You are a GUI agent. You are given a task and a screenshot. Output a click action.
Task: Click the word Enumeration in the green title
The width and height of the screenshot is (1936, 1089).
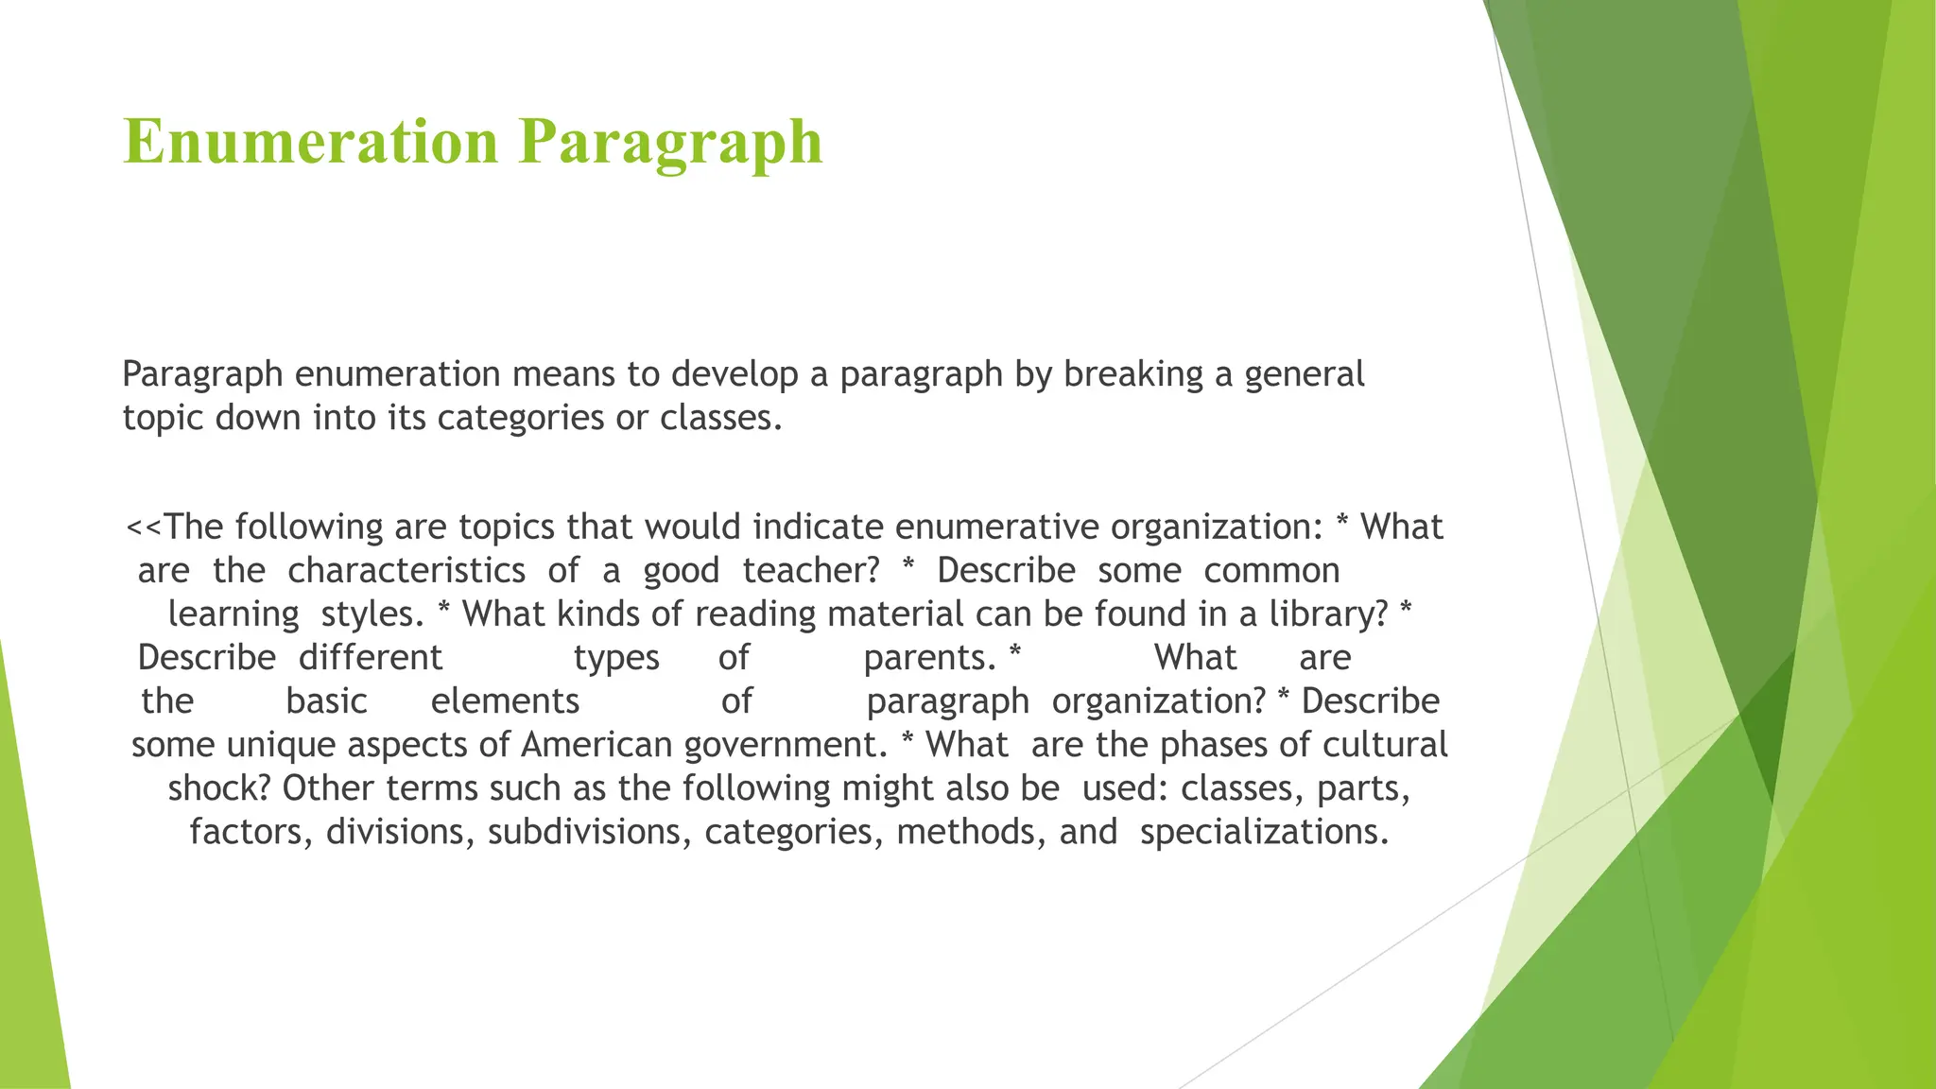coord(310,142)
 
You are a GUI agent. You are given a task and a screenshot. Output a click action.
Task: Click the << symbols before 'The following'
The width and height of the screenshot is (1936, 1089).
coord(144,527)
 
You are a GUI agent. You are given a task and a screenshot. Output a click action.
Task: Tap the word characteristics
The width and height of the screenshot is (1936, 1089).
coord(406,571)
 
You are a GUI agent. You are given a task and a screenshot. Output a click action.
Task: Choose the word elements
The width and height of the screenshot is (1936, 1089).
coord(505,701)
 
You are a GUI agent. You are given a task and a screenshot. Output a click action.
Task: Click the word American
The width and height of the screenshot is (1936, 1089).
coord(596,745)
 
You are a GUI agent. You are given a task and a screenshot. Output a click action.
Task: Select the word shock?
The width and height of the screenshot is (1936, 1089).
coord(219,788)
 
